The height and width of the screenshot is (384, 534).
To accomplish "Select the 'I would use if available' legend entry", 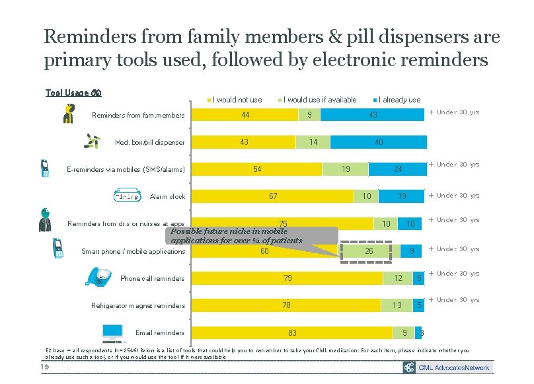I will click(319, 100).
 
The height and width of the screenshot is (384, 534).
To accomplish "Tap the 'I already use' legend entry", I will click(399, 100).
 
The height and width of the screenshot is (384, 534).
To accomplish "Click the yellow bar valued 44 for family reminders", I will click(245, 116).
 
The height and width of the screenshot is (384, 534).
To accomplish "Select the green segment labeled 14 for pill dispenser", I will click(313, 142).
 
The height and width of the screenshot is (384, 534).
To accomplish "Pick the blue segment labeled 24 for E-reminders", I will click(398, 169).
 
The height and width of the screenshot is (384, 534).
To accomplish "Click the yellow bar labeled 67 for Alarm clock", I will click(272, 196).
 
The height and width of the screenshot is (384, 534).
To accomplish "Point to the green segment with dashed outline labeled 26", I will click(369, 251).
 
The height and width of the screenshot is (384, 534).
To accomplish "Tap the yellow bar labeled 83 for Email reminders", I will click(292, 332).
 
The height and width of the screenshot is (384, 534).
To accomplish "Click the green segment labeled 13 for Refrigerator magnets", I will click(397, 305).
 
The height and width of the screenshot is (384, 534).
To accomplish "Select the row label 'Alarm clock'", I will click(167, 197).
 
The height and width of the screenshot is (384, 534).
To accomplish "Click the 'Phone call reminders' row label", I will click(153, 279).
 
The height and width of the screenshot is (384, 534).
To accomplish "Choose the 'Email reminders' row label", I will click(159, 333).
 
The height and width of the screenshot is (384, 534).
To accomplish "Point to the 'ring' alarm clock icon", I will click(126, 196).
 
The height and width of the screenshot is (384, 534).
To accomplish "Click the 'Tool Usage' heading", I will click(73, 93).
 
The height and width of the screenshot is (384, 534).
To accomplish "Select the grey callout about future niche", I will click(252, 236).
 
